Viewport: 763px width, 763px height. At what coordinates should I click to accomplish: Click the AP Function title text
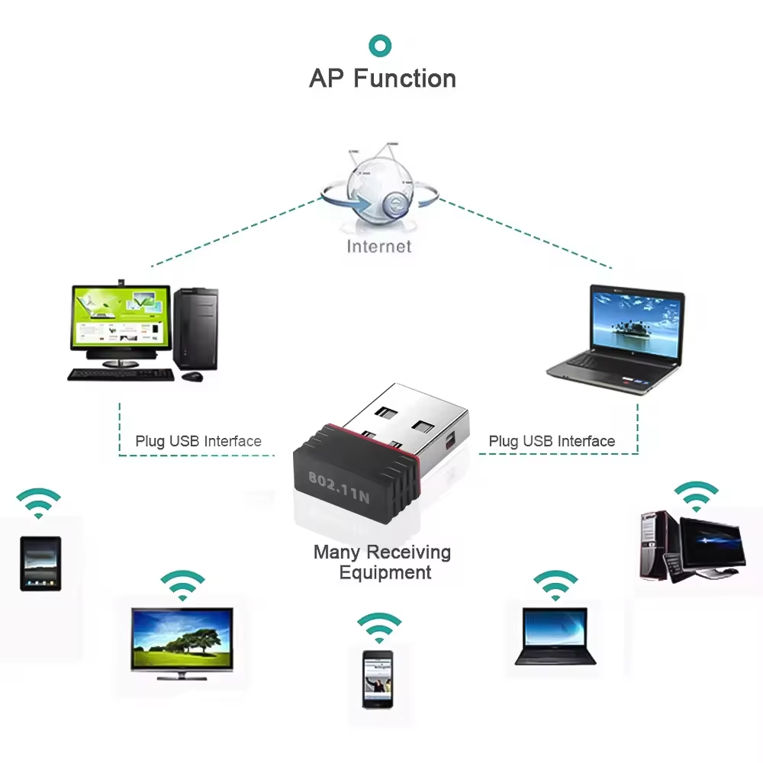tap(382, 79)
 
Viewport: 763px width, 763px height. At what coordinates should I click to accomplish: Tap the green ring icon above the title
tap(380, 45)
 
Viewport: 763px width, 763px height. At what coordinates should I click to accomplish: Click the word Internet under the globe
tap(379, 246)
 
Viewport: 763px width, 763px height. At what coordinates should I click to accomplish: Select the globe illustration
tap(379, 190)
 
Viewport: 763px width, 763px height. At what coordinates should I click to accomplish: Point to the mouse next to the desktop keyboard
tap(193, 376)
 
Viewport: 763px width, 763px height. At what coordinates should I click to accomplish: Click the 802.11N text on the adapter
tap(339, 488)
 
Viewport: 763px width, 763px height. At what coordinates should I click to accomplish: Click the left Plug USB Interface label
tap(198, 441)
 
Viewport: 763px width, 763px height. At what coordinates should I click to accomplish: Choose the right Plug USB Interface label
tap(552, 441)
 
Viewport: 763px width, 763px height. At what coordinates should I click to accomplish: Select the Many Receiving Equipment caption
tap(383, 562)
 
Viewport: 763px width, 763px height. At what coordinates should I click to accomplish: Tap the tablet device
tap(40, 563)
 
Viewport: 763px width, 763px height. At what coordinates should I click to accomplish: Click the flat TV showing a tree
tap(182, 639)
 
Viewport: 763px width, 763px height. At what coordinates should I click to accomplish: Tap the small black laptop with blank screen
tap(555, 636)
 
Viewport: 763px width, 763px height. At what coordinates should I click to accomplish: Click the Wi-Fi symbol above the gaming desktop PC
tap(695, 496)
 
